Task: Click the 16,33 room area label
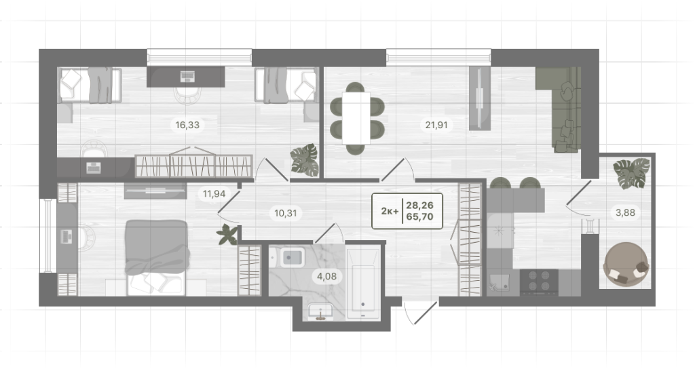click(187, 125)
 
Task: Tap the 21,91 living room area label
click(436, 125)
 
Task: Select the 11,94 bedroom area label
click(214, 193)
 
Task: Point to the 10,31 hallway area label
click(286, 213)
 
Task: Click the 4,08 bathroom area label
click(326, 277)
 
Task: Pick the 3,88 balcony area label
click(625, 212)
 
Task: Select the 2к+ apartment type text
click(390, 211)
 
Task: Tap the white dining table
click(356, 118)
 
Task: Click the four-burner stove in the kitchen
click(539, 281)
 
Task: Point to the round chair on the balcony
click(626, 264)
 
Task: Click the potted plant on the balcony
click(632, 173)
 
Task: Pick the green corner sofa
click(561, 108)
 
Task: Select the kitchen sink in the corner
click(500, 281)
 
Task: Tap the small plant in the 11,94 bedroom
click(228, 234)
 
